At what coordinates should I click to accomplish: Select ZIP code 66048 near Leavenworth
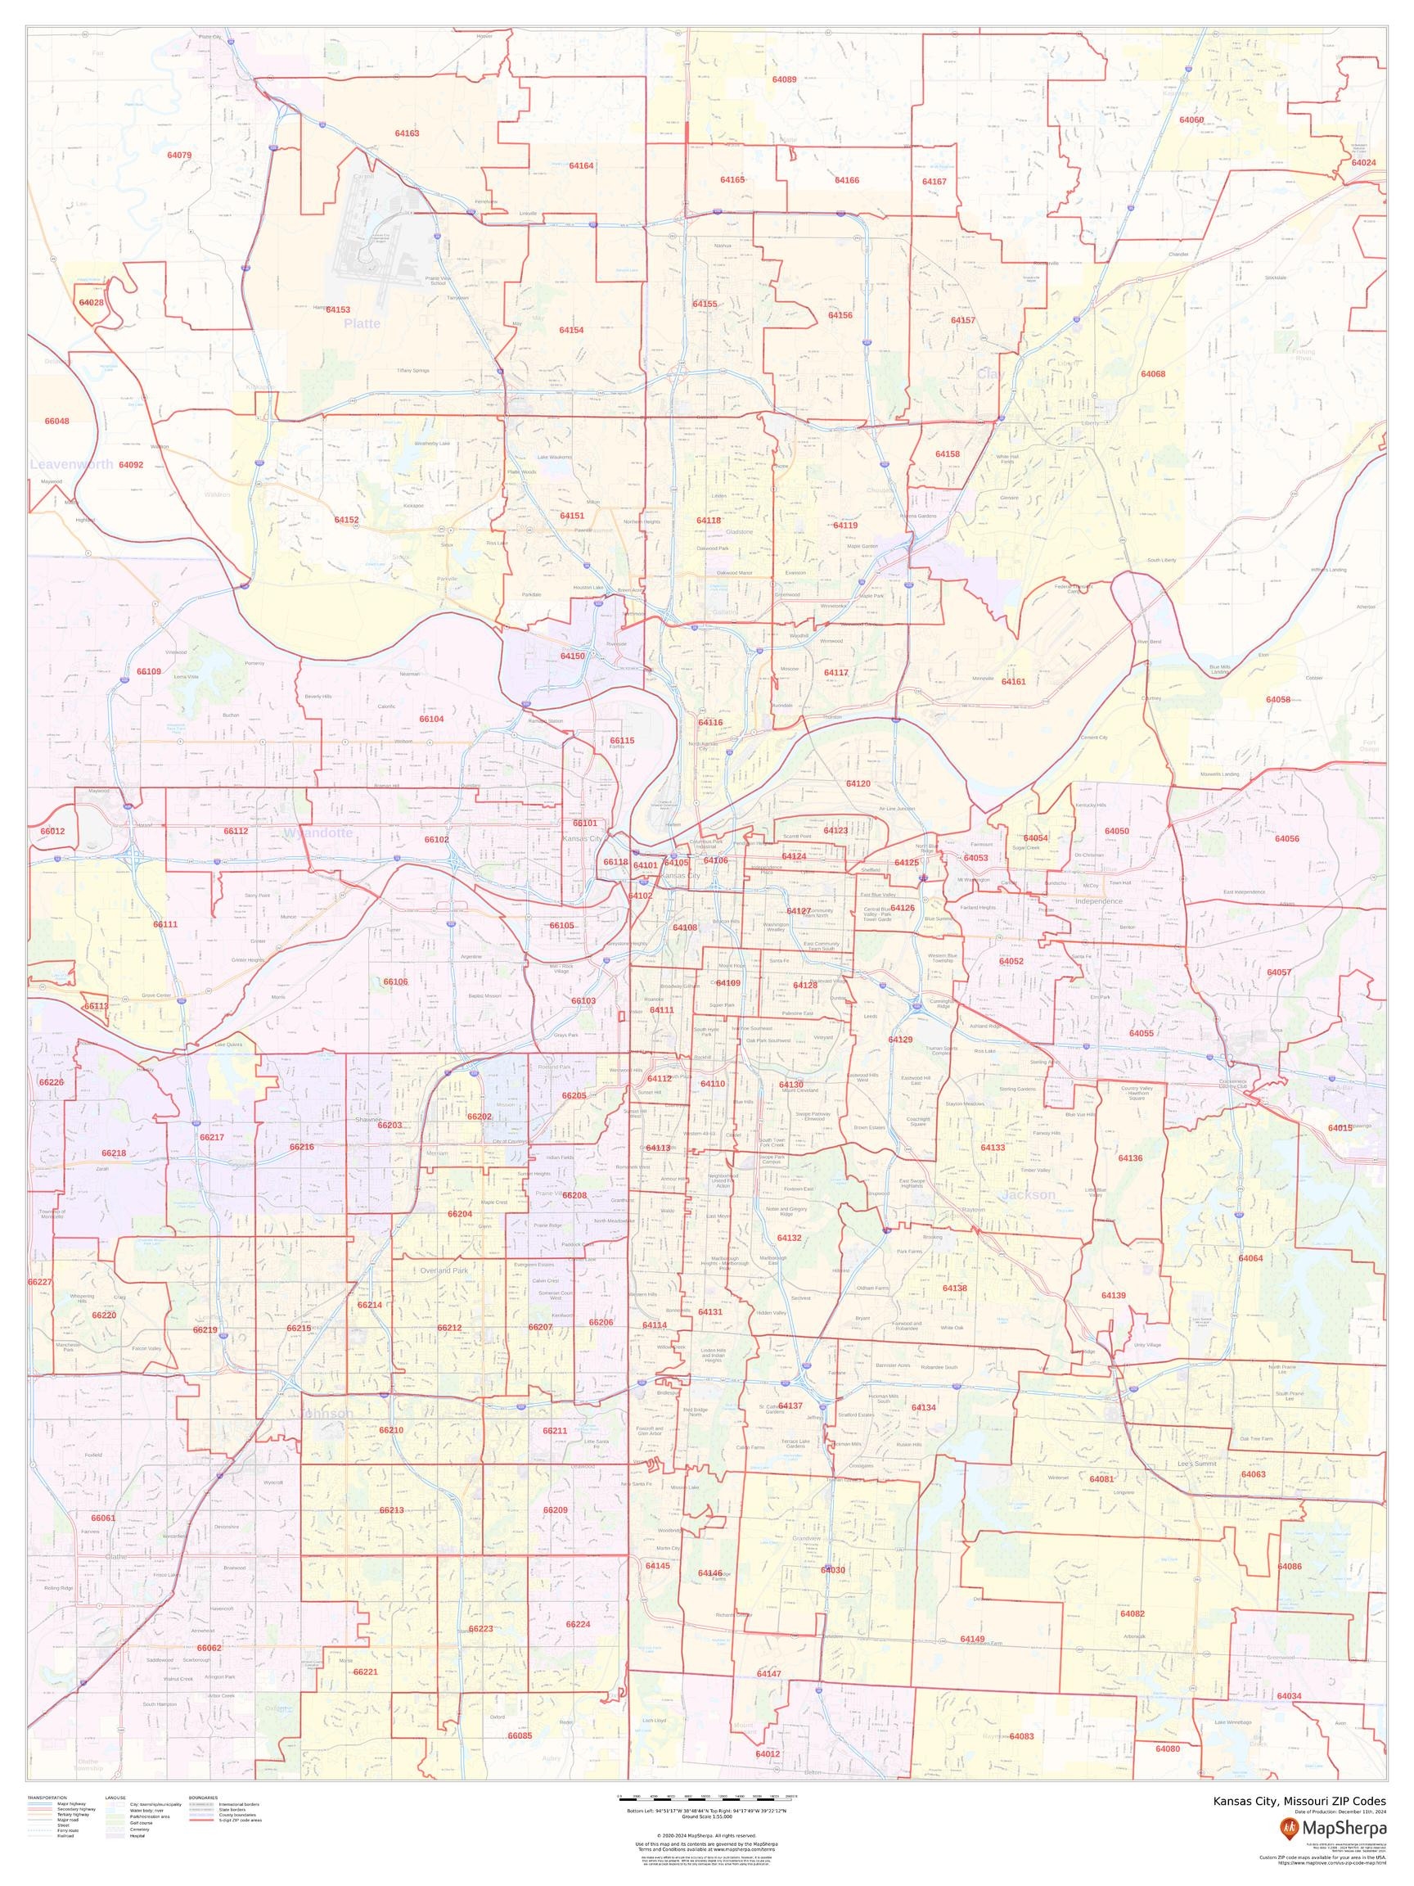click(x=57, y=422)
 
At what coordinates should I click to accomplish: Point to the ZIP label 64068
click(x=1152, y=373)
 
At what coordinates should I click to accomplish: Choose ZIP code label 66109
click(x=148, y=671)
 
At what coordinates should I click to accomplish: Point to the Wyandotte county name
click(x=318, y=832)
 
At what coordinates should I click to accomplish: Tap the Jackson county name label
click(x=1028, y=1194)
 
